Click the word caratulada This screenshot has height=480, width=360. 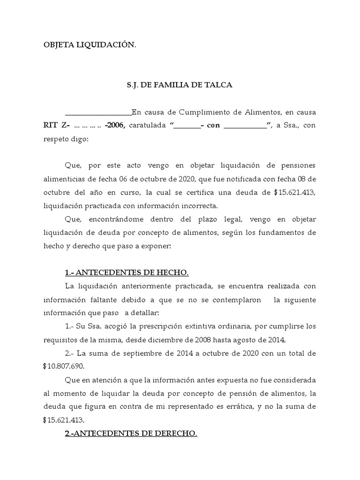[147, 126]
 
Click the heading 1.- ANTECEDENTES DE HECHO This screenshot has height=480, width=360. [127, 273]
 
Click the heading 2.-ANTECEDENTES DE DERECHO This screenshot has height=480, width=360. [131, 434]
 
